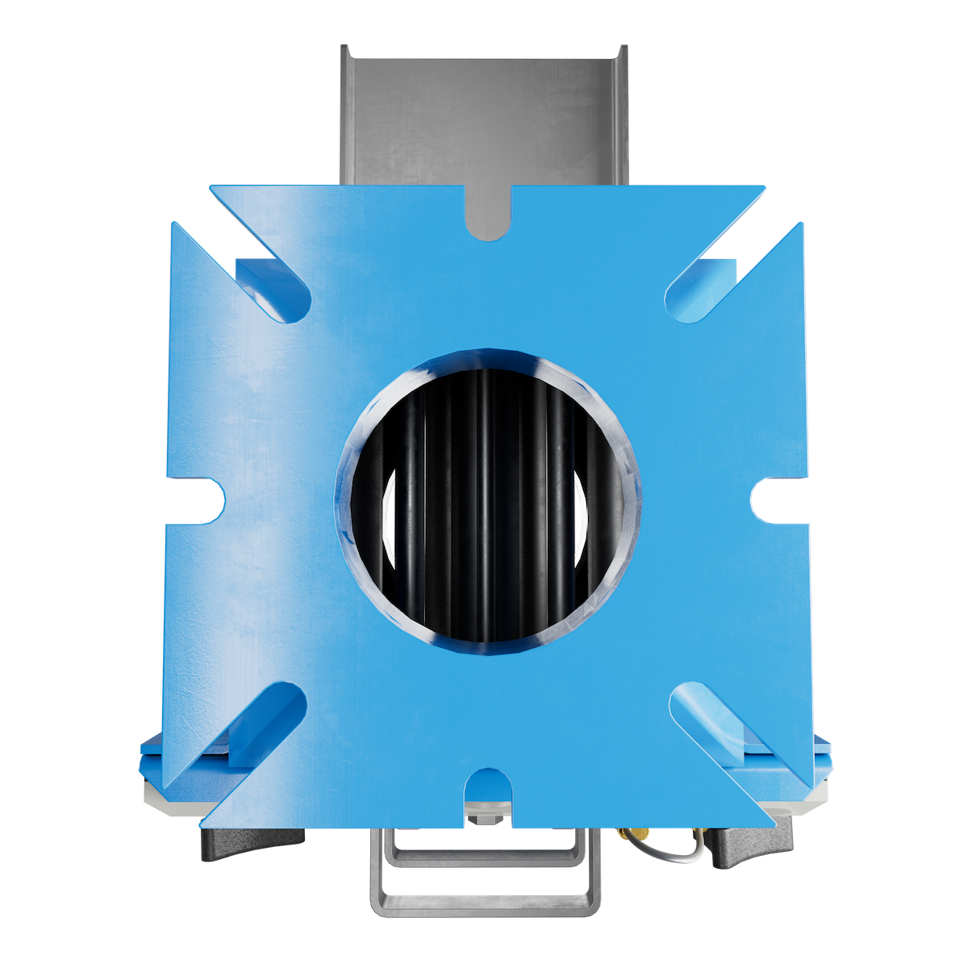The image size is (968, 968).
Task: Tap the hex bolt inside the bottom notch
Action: (487, 820)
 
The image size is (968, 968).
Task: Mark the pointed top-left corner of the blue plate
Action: (212, 188)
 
